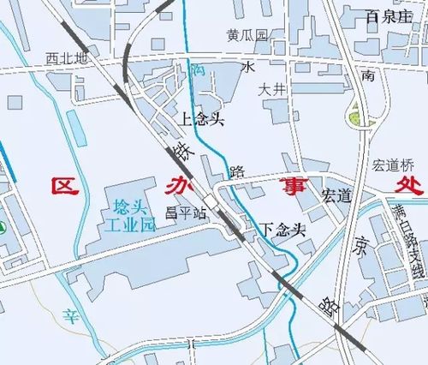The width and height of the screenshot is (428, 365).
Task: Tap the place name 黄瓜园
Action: point(247,36)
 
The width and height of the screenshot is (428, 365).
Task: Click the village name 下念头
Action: point(283,230)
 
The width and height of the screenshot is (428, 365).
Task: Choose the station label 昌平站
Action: point(186,212)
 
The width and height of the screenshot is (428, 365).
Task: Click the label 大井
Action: point(273,88)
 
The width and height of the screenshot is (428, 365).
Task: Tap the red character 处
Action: point(401,186)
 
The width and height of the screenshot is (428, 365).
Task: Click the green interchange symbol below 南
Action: point(354,117)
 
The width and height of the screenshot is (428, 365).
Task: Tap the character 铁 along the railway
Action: point(181,152)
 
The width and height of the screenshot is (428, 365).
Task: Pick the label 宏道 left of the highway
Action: point(336,195)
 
